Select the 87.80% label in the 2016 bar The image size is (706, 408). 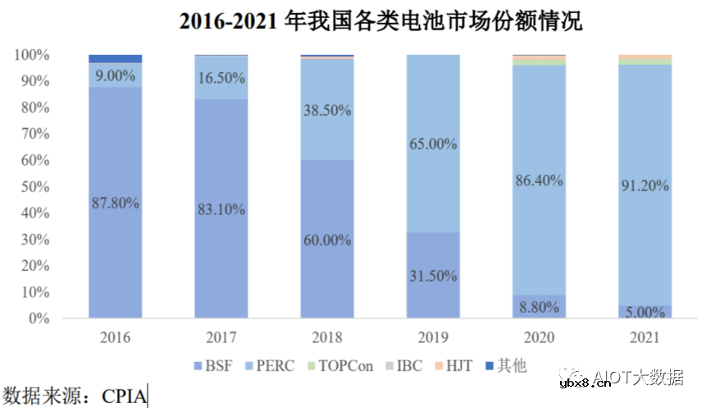115,203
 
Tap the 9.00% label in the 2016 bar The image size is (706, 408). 115,75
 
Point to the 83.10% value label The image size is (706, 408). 221,209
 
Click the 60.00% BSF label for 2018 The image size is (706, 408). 327,240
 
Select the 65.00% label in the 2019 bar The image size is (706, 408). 433,144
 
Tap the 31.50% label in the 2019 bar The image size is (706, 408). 433,276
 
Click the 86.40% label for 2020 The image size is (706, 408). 539,180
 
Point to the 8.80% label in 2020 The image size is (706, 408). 539,307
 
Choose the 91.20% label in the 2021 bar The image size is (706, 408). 645,186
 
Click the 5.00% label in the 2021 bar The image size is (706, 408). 645,312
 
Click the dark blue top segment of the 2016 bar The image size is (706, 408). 115,59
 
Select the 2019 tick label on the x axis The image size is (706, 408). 433,337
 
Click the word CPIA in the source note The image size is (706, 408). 125,396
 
